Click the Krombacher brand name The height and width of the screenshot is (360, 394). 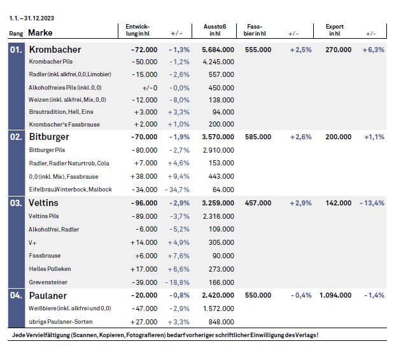[55, 50]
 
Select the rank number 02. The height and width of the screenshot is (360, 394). [16, 137]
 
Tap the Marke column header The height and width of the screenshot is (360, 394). [40, 33]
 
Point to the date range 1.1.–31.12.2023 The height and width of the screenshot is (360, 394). [32, 18]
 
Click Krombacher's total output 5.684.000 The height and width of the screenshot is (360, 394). [218, 50]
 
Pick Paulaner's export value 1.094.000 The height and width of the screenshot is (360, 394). [335, 295]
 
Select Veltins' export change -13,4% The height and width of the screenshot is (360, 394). [372, 203]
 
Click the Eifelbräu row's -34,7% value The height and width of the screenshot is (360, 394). [177, 190]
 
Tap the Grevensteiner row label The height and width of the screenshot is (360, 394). [48, 282]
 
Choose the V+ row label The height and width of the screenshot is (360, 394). [32, 243]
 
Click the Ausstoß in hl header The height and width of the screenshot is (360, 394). [215, 30]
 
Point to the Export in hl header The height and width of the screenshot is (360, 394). [334, 30]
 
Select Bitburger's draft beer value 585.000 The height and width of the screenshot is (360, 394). [258, 137]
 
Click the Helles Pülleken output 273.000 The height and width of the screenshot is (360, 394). [222, 269]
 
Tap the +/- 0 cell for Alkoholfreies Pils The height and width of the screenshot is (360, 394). [150, 88]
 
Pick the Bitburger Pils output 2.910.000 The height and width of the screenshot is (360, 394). [218, 150]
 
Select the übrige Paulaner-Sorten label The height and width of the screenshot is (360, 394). [60, 322]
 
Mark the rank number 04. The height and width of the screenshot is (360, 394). [16, 296]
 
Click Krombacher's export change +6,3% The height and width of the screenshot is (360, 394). [374, 50]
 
